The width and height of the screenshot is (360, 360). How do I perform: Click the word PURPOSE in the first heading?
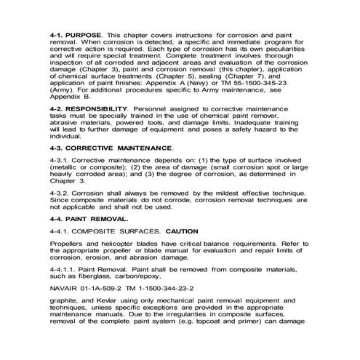click(87, 34)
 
